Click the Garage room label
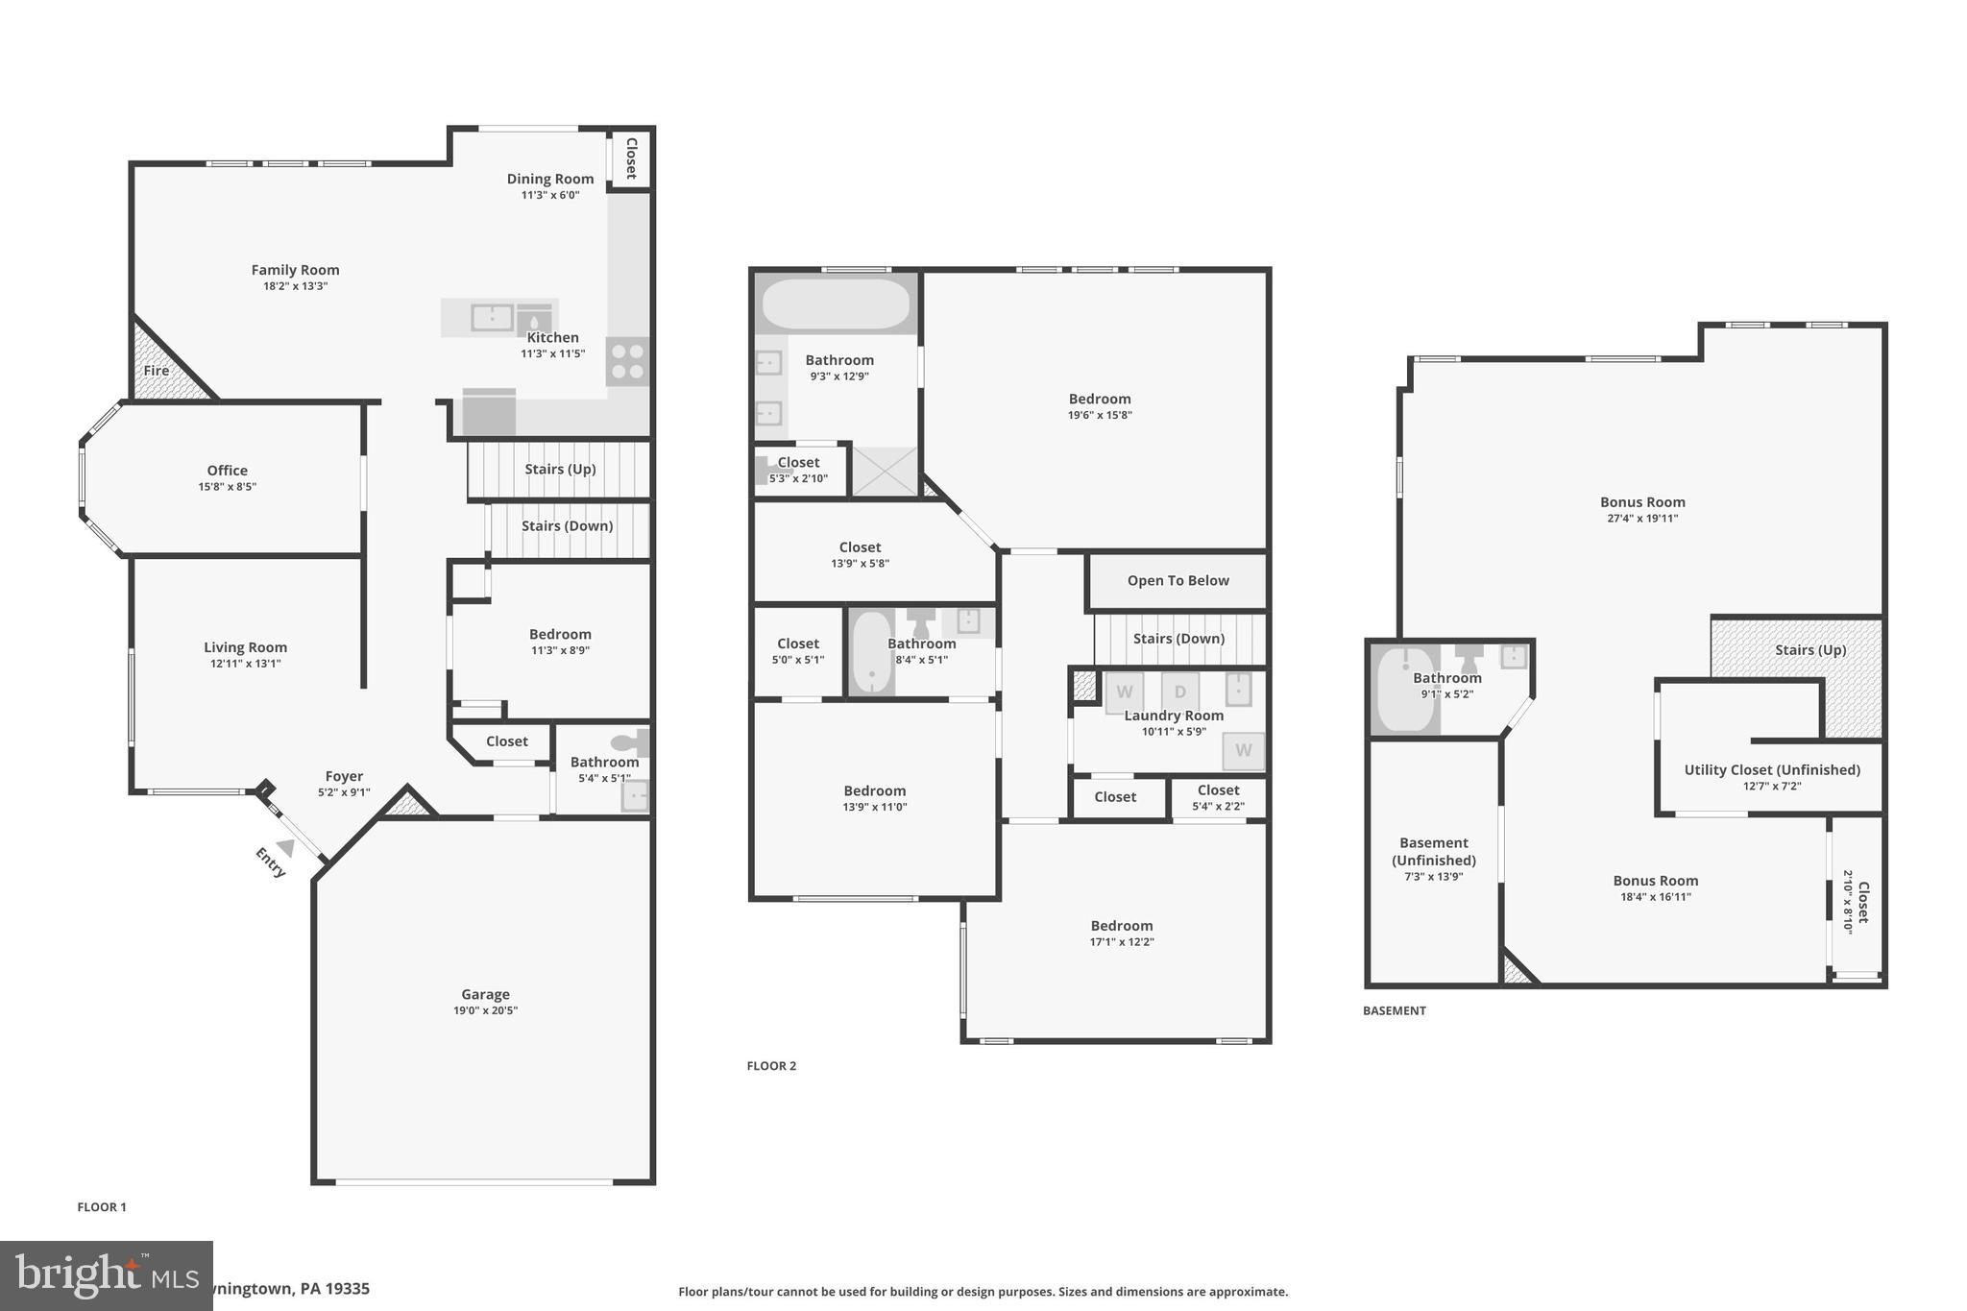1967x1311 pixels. pos(485,994)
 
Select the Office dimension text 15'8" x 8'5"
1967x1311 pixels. pos(227,487)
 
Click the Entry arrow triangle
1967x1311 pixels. pos(285,847)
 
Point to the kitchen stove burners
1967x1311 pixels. pos(627,361)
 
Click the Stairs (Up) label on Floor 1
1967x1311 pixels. pos(560,469)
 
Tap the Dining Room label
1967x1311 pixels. pos(550,179)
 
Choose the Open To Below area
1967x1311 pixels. pos(1178,580)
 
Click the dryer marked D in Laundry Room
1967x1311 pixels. pos(1180,692)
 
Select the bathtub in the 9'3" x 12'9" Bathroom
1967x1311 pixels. pos(835,303)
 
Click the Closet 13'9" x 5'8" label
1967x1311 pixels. pos(860,547)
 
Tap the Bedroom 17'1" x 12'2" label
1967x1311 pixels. pos(1121,926)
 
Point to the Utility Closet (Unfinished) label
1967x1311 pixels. pos(1771,769)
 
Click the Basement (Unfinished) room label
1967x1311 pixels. pos(1433,851)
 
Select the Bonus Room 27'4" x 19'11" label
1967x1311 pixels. pos(1641,501)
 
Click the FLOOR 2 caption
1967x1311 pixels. pos(771,1065)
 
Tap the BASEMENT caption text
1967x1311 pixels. pos(1394,1010)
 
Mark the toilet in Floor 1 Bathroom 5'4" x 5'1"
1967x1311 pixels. pos(632,742)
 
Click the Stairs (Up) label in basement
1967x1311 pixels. pos(1809,649)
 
